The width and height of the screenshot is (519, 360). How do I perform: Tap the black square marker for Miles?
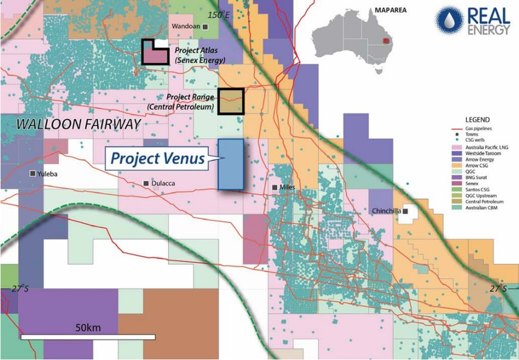[275, 187]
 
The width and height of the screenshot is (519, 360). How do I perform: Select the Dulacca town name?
[165, 184]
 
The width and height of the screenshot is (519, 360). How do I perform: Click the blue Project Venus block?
[230, 164]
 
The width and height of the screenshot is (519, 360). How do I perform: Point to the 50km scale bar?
[88, 337]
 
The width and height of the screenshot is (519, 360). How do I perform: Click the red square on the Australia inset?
[387, 40]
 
